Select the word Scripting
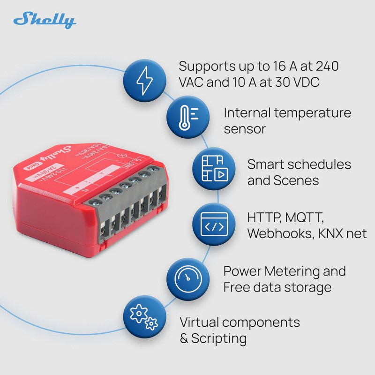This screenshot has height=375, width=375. (219, 338)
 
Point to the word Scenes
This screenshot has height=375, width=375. (296, 180)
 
